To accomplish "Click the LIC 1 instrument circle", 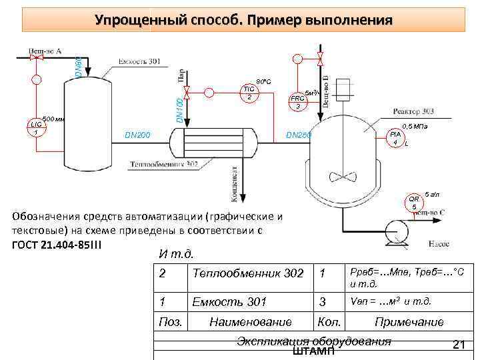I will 35,127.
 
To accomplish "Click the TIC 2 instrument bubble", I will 249,94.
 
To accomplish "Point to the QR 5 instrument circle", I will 413,203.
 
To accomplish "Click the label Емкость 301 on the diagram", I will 139,62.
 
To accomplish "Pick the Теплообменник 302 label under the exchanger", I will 164,164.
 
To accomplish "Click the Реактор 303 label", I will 414,111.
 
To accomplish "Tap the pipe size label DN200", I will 137,136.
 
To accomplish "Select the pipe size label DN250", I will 299,136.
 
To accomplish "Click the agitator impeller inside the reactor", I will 345,177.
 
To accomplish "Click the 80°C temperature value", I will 263,81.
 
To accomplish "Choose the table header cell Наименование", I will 250,322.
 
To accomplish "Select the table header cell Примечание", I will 409,322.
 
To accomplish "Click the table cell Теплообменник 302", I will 248,273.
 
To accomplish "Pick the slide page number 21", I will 458,345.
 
